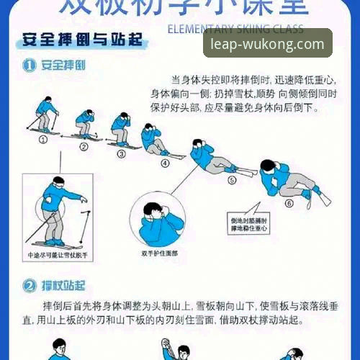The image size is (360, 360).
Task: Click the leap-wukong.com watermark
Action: click(267, 44)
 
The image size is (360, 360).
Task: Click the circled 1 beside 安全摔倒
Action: click(30, 66)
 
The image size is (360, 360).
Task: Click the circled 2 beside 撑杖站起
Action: click(30, 285)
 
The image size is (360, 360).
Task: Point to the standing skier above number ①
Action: click(45, 116)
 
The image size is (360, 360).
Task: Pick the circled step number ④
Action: click(165, 163)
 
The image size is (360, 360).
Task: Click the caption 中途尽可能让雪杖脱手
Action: click(55, 255)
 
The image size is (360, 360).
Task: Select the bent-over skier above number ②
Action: click(86, 124)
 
